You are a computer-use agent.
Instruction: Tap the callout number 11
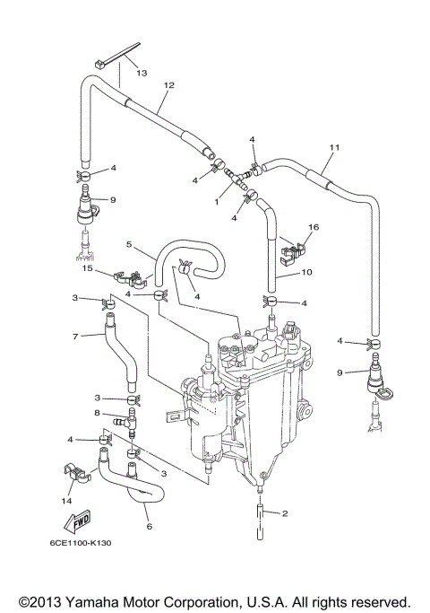[x=335, y=146]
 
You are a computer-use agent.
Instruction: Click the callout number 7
[x=76, y=336]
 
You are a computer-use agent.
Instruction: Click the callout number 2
[x=285, y=513]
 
